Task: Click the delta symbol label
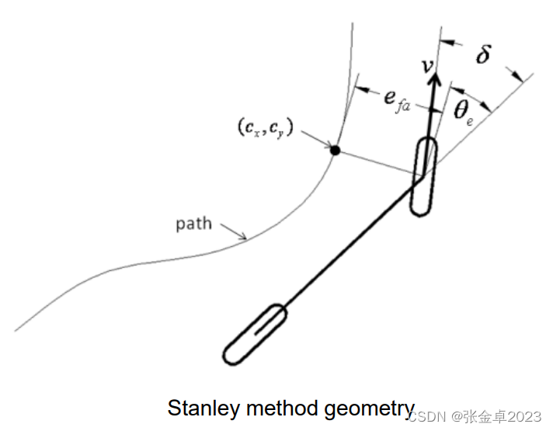[482, 54]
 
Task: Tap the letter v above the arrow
[427, 65]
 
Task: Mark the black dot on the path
[335, 150]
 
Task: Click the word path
[193, 224]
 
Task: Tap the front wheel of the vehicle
[424, 176]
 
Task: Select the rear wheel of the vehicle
[256, 335]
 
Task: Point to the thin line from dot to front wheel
[377, 163]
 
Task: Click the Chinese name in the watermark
[485, 417]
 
